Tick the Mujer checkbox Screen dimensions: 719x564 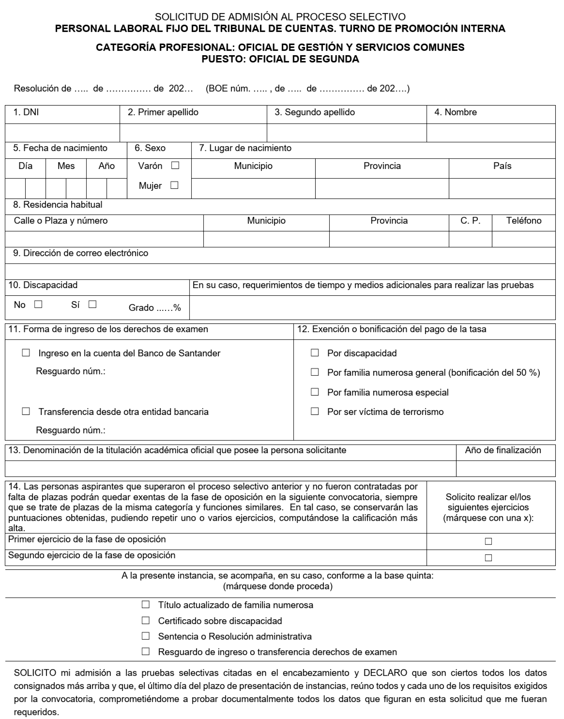tap(174, 185)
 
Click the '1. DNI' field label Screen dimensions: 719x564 tap(26, 112)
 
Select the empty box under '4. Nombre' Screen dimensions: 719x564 tap(491, 133)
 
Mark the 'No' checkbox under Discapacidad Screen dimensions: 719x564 tap(38, 304)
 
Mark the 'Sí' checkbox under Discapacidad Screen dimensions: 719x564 tap(93, 304)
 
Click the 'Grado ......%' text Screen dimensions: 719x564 tap(155, 308)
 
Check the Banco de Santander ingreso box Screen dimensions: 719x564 tap(26, 353)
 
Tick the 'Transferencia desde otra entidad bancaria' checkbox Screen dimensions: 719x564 tap(26, 411)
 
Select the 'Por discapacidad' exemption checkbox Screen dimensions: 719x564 tap(315, 353)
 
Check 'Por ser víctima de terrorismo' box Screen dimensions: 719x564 tap(315, 411)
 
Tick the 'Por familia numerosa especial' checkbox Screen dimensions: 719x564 tap(315, 392)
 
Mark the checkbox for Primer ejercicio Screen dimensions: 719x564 tap(488, 541)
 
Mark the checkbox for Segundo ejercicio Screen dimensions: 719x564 tap(488, 558)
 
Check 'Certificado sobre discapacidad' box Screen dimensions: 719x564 tap(146, 620)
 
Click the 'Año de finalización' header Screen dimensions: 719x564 tap(503, 450)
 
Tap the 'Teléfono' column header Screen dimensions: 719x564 tap(524, 221)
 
